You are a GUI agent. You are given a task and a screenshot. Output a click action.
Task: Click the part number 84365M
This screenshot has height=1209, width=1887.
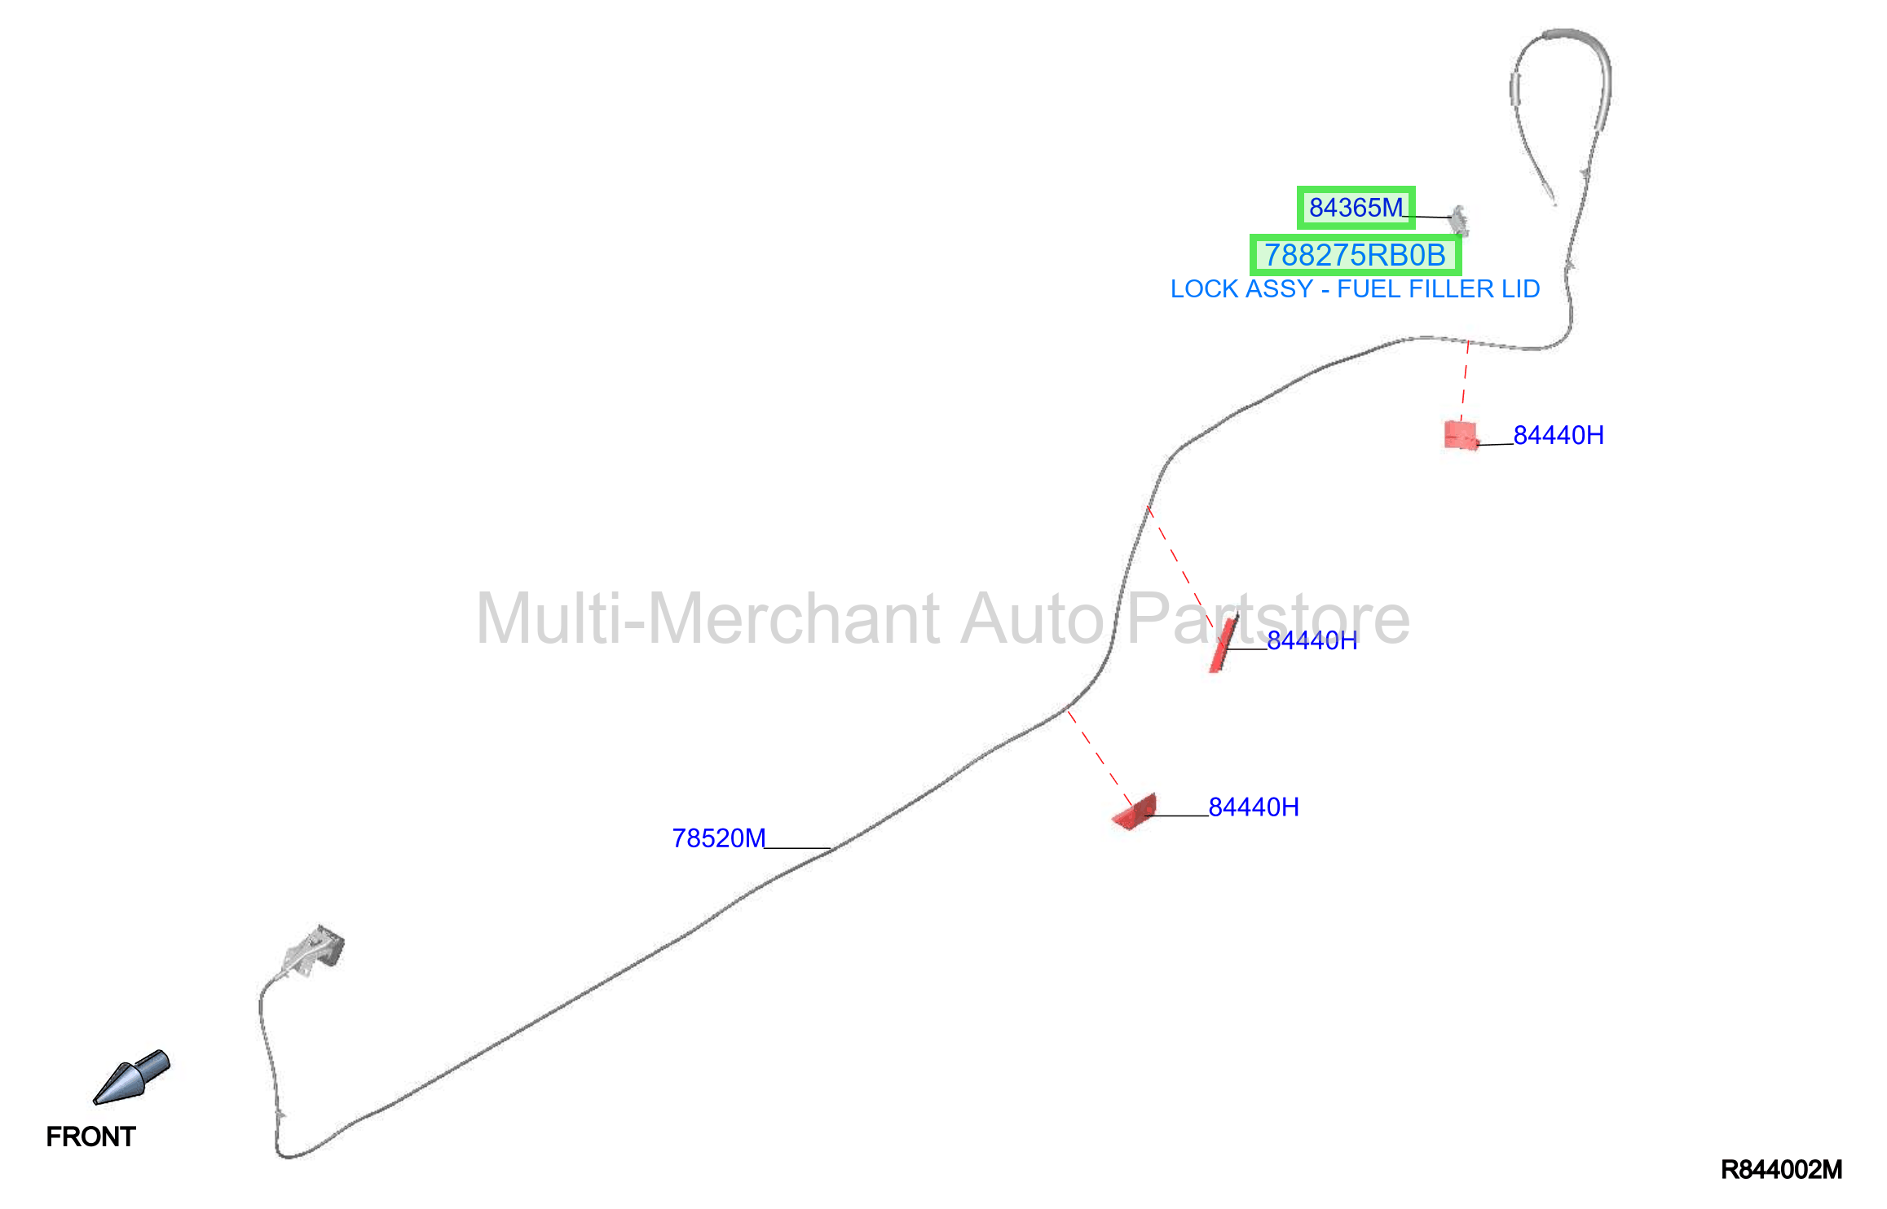[1356, 208]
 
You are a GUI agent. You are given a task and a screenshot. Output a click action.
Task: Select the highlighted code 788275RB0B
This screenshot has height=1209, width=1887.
[1355, 255]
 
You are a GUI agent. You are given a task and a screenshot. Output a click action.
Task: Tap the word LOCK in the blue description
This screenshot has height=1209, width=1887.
[1201, 289]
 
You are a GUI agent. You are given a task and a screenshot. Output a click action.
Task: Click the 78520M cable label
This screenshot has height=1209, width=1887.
[719, 838]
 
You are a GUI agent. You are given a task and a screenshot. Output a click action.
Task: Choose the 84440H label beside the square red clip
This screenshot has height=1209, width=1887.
[1559, 435]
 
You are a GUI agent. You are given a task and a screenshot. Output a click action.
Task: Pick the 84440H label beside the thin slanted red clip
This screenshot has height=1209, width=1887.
[1312, 640]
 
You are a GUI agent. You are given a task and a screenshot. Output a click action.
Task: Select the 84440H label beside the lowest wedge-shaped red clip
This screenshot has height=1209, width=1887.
[1254, 807]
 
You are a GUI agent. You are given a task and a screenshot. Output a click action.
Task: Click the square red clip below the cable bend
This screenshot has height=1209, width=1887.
[1461, 435]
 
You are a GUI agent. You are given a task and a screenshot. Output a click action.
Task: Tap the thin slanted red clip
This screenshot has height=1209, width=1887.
[1223, 644]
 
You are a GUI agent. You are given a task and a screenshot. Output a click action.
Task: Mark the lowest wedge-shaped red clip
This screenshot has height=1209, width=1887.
[1135, 811]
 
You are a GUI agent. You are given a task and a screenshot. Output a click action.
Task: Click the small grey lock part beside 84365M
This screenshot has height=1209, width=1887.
[1459, 220]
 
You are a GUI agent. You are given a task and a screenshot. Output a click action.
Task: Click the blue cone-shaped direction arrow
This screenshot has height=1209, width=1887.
[131, 1077]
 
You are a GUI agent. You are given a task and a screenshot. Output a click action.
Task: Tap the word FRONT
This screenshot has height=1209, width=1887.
[90, 1136]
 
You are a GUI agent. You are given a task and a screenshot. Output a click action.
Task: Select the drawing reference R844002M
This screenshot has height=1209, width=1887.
[1781, 1170]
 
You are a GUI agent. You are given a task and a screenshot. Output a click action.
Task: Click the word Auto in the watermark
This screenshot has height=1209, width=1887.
[1032, 618]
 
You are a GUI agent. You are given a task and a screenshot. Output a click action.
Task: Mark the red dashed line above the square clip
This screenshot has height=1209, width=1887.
[1465, 381]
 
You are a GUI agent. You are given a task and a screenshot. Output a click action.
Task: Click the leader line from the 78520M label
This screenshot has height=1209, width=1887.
[798, 848]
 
